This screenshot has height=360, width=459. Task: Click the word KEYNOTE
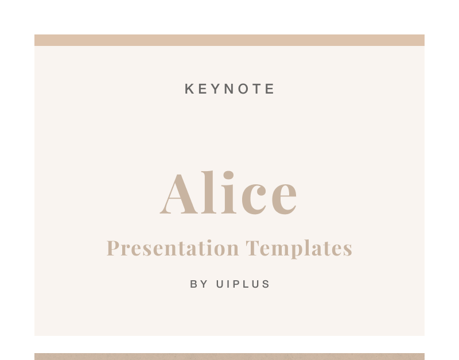(229, 89)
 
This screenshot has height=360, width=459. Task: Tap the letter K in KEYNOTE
(189, 89)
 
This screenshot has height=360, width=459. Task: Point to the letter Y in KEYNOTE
(216, 89)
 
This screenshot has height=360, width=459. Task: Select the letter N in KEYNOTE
(229, 89)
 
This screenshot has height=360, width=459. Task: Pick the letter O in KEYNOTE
(243, 89)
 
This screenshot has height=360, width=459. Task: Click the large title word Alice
(228, 192)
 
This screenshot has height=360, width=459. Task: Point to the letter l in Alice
(208, 192)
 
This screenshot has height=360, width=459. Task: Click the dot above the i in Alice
(228, 175)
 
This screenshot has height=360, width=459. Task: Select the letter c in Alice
(254, 198)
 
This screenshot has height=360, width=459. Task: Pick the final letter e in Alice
(284, 198)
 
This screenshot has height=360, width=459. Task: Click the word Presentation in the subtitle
(173, 248)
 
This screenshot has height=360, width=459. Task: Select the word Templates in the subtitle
(298, 249)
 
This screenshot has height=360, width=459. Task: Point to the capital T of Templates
(252, 248)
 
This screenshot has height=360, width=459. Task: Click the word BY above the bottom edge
(199, 284)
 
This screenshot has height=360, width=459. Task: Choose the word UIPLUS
(243, 284)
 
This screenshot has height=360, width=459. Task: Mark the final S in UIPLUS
(266, 284)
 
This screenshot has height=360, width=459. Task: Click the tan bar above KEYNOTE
(229, 40)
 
